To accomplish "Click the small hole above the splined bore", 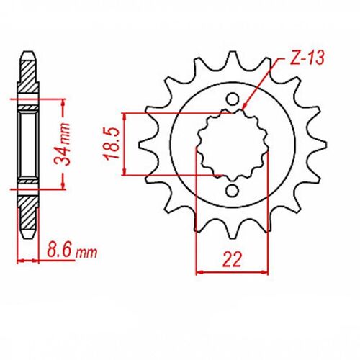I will (233, 99).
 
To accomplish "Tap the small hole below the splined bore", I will (233, 190).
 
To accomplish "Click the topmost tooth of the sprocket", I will (233, 58).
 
